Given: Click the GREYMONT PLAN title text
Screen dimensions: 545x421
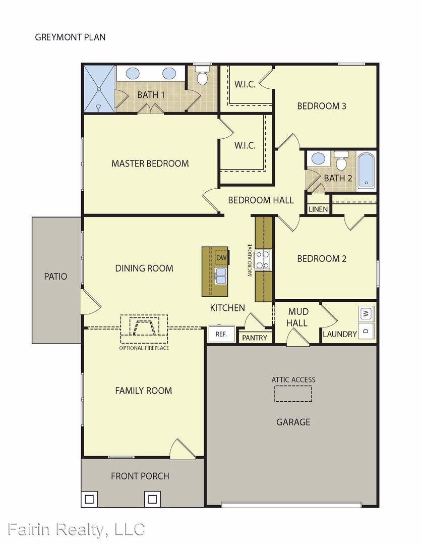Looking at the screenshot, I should click(x=70, y=37).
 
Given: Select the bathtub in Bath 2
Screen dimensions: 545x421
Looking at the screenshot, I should click(x=366, y=172).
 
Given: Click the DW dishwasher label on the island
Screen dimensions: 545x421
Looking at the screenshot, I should click(x=221, y=258).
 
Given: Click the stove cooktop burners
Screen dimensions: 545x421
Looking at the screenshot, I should click(x=263, y=260).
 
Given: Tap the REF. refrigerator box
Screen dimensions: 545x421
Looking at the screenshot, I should click(x=221, y=334).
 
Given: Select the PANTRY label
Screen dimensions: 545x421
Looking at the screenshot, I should click(x=255, y=338).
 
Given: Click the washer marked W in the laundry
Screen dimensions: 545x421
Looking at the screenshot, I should click(x=367, y=313).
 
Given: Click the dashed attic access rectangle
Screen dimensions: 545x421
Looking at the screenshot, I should click(x=293, y=393).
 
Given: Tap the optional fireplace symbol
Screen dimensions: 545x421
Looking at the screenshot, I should click(x=144, y=328).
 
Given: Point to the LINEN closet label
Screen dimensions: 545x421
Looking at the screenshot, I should click(x=318, y=209).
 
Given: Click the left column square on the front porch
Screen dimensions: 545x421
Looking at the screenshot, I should click(x=89, y=500).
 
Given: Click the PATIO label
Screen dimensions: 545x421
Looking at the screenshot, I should click(x=55, y=277).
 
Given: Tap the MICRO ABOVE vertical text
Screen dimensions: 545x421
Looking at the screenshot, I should click(x=250, y=260).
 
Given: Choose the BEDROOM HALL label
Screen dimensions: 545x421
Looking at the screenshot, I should click(x=261, y=200).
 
